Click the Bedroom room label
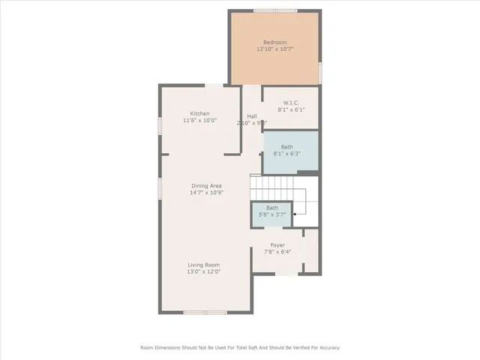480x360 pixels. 274,42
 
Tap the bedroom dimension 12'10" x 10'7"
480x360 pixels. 274,49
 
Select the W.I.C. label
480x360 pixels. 292,102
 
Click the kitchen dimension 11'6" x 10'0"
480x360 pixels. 199,121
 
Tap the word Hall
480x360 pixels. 252,116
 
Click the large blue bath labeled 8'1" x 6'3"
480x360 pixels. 290,151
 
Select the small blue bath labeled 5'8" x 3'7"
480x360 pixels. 271,211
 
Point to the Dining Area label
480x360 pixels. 206,185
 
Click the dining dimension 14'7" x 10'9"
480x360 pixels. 206,193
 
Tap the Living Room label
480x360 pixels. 203,265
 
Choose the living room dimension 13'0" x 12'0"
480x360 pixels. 203,272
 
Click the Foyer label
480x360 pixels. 277,244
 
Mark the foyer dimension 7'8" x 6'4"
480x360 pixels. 277,252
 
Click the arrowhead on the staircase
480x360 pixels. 294,214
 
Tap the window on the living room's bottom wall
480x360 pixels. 205,312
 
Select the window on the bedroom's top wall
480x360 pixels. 275,10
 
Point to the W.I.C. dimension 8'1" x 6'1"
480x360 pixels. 292,109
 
